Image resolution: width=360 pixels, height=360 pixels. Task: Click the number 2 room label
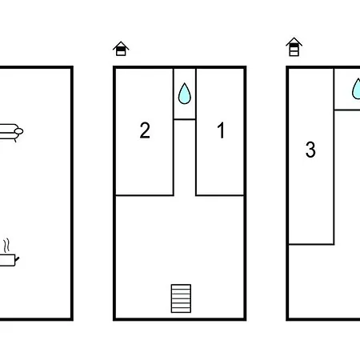coord(145,130)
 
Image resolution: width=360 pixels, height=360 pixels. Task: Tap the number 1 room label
coord(221,130)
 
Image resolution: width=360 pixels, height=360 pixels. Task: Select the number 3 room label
coord(310,150)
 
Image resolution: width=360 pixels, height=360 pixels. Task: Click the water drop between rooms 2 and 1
coord(185,94)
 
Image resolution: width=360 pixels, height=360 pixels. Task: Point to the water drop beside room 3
coord(356,89)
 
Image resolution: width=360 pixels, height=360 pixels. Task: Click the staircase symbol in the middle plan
coord(181,298)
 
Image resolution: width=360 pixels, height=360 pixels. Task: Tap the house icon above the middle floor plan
coord(121,49)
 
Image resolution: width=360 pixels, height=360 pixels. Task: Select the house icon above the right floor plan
coord(294,47)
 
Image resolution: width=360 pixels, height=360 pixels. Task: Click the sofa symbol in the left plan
coord(11,132)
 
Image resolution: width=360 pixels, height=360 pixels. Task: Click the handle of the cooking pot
coord(18,258)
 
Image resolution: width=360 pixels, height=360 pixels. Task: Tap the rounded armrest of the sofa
coord(18,131)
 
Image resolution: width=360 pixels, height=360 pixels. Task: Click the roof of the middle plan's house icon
coord(121,45)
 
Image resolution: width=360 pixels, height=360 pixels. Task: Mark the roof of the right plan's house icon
coord(294,42)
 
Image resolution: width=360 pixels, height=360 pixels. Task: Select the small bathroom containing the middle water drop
coord(185,94)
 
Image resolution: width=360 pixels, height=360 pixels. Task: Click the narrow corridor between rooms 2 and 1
coord(185,158)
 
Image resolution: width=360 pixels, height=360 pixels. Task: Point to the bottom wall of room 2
coord(144,195)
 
